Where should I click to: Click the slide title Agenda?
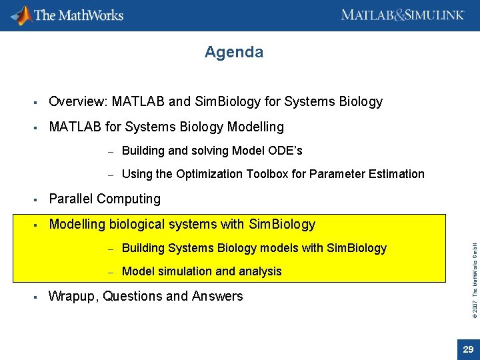point(234,52)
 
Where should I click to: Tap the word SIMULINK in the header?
point(434,15)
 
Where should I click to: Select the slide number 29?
point(468,349)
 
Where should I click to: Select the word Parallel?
point(71,199)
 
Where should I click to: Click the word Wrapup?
point(73,296)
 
